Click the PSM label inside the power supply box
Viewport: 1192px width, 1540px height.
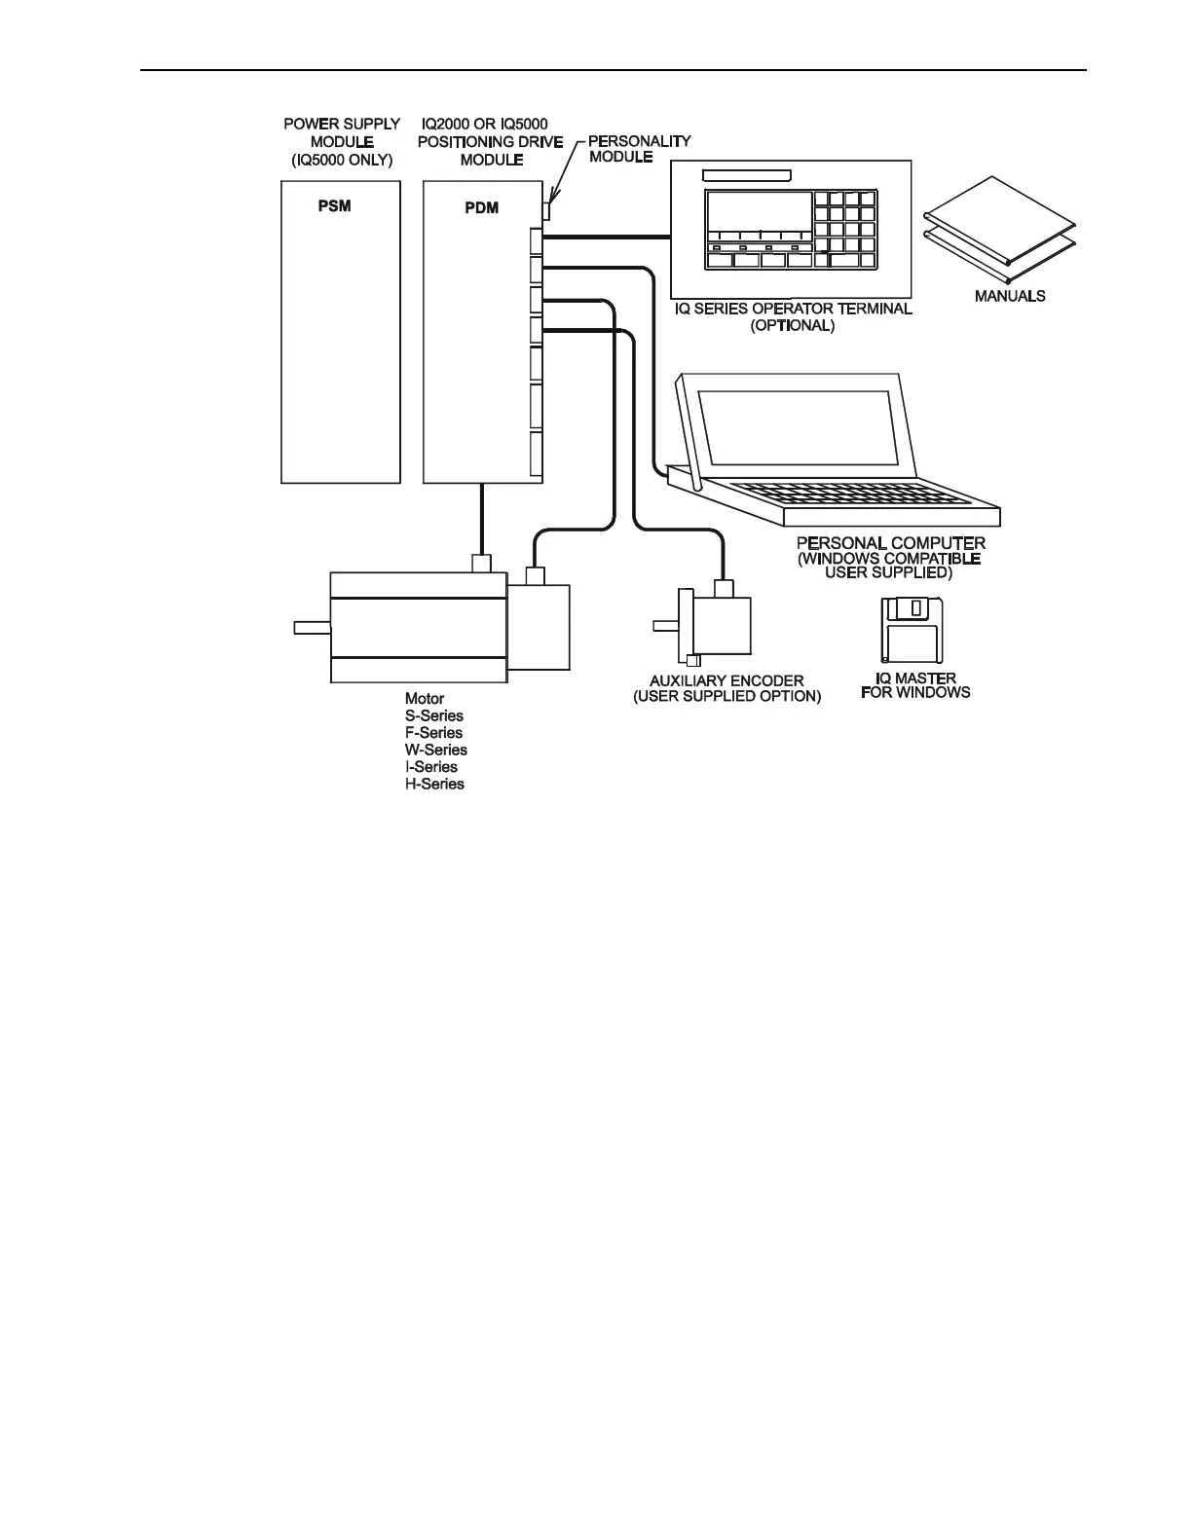pyautogui.click(x=334, y=206)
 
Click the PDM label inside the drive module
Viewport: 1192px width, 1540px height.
pyautogui.click(x=481, y=207)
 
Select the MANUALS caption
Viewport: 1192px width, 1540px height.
pyautogui.click(x=1010, y=295)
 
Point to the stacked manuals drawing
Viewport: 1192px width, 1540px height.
pyautogui.click(x=1001, y=226)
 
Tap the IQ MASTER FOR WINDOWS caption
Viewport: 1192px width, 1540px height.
pyautogui.click(x=915, y=685)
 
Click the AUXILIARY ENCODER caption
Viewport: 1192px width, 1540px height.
pyautogui.click(x=726, y=688)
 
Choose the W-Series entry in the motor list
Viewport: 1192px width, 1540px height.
pyautogui.click(x=435, y=750)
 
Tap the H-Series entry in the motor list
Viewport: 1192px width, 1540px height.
pyautogui.click(x=434, y=784)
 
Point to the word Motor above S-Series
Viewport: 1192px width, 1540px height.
pyautogui.click(x=425, y=698)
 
